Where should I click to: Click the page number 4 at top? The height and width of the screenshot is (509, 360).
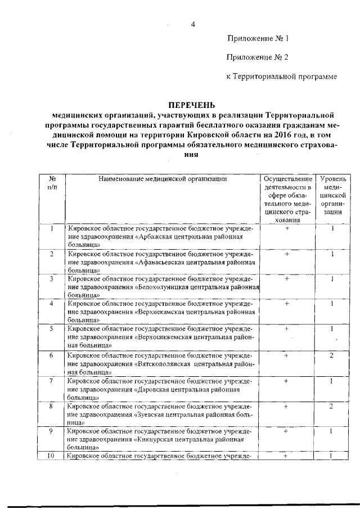click(192, 24)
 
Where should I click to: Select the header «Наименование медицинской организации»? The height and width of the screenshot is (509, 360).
click(162, 179)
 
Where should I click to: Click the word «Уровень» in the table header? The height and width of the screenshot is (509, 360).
click(333, 179)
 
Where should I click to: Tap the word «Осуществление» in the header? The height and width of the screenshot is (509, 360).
click(287, 179)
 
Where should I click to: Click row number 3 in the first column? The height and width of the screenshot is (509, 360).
click(52, 279)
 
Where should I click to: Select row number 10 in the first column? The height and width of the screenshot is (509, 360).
click(52, 456)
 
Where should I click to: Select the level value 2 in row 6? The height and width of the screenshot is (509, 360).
click(332, 355)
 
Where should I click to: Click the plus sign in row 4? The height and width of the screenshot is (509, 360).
click(287, 304)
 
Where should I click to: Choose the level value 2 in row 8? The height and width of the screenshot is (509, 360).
click(332, 406)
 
